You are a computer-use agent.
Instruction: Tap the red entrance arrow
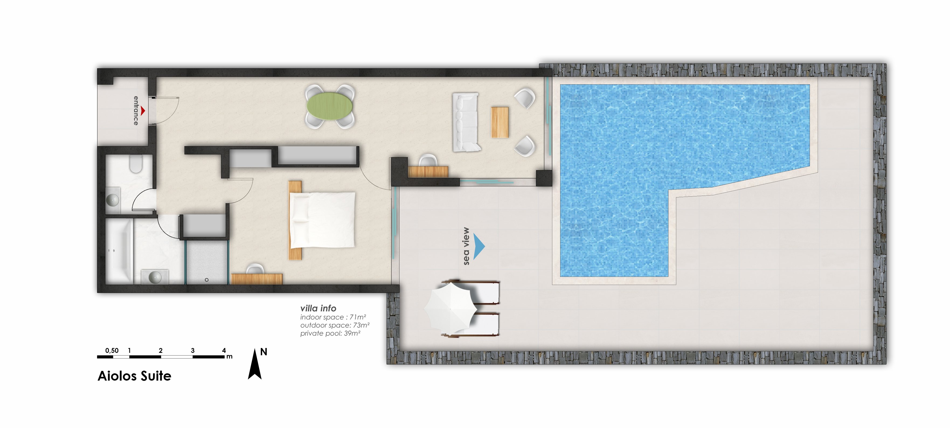143,111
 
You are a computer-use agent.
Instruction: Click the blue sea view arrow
479,246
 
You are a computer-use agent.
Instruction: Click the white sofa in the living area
466,122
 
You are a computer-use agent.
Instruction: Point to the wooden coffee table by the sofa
500,122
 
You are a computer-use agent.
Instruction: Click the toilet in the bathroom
136,164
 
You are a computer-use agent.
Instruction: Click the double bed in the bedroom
322,220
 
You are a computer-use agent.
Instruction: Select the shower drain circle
207,280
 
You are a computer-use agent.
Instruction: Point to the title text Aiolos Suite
135,376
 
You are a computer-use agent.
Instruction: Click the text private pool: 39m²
330,333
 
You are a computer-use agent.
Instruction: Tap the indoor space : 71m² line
333,317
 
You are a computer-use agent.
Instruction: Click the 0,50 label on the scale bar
112,351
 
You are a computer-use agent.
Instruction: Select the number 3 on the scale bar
193,351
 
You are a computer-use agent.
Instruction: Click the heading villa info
318,308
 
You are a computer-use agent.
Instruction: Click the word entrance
136,111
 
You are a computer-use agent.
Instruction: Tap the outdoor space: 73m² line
335,325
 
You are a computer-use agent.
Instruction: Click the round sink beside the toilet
112,200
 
